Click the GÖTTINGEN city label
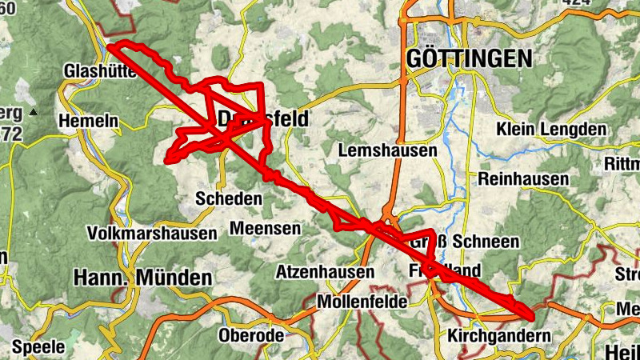(x=469, y=58)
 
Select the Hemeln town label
(x=88, y=122)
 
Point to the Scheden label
(x=229, y=198)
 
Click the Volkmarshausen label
(x=153, y=234)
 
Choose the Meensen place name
(x=265, y=229)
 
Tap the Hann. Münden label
(x=142, y=278)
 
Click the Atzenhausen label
(x=325, y=272)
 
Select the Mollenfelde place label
(x=362, y=302)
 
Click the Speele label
(x=38, y=347)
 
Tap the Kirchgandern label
(x=500, y=336)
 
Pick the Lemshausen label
(x=388, y=150)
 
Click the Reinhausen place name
(x=522, y=179)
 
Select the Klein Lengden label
(x=551, y=130)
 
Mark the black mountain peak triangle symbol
(x=33, y=112)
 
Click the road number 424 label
(x=576, y=3)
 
